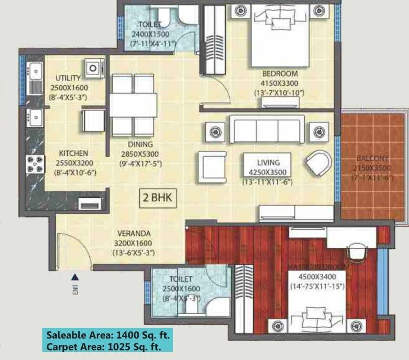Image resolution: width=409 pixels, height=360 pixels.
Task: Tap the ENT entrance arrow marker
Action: tap(75, 277)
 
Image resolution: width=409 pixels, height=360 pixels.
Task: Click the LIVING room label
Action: tap(267, 163)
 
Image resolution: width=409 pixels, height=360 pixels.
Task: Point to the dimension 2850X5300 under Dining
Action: tap(139, 154)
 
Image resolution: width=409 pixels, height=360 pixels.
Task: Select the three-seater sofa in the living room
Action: tap(267, 129)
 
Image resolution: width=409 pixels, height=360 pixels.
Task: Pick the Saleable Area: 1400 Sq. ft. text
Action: tap(107, 335)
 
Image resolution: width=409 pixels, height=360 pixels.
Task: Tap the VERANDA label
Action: tap(134, 234)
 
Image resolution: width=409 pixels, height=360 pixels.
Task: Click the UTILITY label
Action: tap(68, 78)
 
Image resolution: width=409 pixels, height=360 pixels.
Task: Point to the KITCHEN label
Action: tap(73, 154)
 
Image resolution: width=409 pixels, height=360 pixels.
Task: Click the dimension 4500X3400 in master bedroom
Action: tap(317, 277)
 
